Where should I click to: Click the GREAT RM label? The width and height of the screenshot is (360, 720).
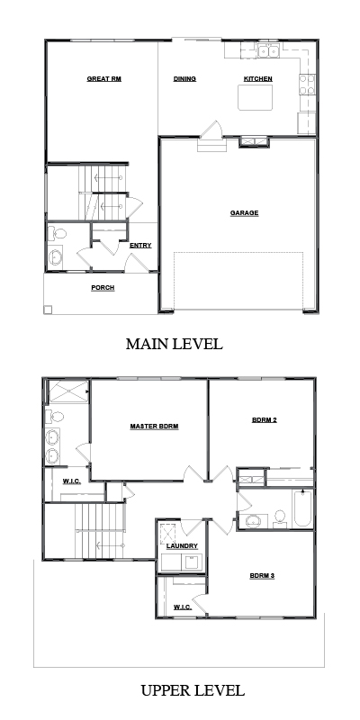point(104,79)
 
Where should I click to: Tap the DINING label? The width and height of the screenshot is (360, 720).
point(184,79)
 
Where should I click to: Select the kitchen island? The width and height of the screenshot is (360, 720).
point(255,97)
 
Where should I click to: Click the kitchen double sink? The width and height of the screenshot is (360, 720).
point(268,52)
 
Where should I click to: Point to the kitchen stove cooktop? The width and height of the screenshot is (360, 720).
point(307,85)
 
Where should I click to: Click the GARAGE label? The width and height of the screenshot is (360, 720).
point(244,213)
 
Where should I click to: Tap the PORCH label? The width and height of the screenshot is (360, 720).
point(103,288)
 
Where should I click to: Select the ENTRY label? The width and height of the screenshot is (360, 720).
point(140,246)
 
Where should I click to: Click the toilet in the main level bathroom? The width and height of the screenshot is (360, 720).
point(57,234)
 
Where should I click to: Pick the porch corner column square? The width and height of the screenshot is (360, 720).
point(48,310)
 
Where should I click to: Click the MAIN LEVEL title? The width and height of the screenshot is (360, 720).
point(175,344)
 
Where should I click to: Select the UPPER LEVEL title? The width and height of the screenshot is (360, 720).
point(193,690)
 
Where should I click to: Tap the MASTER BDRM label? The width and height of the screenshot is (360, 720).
point(154,427)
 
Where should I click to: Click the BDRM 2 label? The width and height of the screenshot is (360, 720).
point(265,419)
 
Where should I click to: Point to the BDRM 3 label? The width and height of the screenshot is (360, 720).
point(262,576)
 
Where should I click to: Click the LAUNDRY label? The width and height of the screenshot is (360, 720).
point(182,546)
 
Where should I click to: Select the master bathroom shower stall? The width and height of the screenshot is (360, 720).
point(68,391)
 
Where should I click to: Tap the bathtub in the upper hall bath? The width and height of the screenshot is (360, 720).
point(302,508)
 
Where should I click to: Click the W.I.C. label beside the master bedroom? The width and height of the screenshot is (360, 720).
point(72,481)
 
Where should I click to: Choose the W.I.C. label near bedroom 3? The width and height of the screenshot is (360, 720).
point(183,607)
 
